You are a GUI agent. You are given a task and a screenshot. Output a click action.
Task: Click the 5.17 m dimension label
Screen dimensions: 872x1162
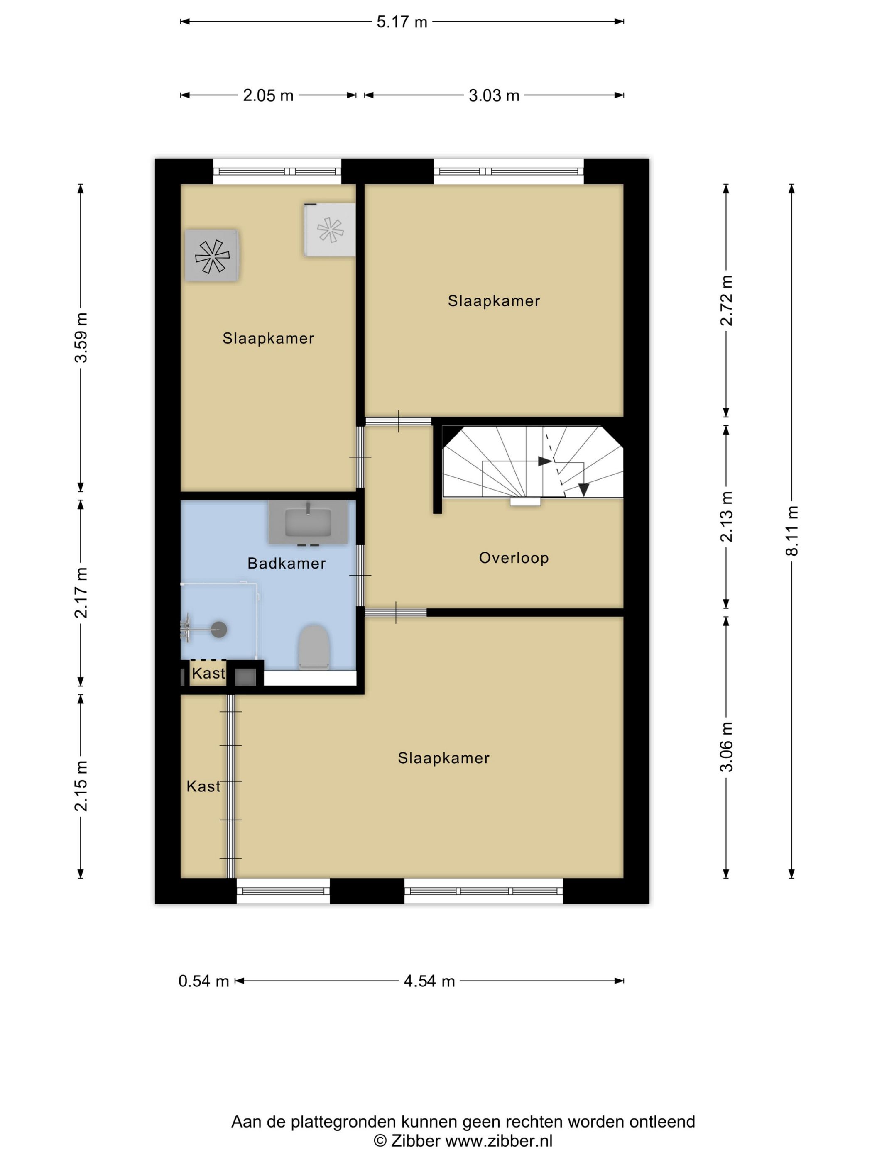pos(402,22)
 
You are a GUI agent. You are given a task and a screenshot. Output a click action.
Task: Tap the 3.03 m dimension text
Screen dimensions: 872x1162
pos(494,95)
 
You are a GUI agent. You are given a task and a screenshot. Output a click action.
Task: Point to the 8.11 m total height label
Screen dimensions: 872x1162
pos(791,530)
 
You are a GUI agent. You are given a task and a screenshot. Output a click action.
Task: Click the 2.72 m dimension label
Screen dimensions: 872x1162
pos(726,300)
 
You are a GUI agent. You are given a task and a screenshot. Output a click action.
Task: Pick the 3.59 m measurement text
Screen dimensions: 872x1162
pos(81,338)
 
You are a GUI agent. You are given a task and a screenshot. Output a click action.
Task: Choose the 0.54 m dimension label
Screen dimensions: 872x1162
pos(203,981)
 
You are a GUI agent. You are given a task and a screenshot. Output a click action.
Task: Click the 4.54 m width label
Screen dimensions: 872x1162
pos(429,981)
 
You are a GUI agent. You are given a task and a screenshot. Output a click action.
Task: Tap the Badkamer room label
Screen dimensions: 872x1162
pos(287,563)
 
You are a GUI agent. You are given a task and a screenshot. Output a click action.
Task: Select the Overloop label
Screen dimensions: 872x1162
pos(514,558)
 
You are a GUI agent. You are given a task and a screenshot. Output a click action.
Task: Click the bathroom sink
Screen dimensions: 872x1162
pos(308,522)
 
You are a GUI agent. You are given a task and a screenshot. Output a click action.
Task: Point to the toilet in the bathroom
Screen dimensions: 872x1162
pos(314,647)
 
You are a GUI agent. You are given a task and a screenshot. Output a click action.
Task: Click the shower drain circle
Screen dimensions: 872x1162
pos(219,629)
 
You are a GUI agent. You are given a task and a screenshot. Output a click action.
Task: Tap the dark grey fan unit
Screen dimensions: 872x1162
pos(212,255)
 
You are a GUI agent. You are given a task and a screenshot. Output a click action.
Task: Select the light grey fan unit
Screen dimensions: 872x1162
pos(330,230)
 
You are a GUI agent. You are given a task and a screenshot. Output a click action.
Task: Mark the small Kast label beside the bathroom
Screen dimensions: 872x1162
pos(208,674)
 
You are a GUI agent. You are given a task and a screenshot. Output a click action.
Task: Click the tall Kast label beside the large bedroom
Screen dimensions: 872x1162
pos(203,786)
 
